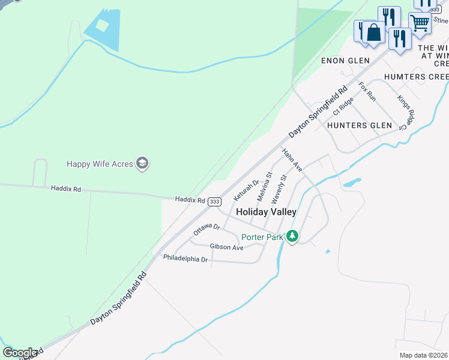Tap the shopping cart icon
point(420,23)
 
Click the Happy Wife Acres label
point(100,163)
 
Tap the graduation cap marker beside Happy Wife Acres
point(142,163)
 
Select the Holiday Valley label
point(266,212)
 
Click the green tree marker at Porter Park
point(292,236)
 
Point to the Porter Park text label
point(261,237)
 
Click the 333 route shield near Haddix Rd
point(214,202)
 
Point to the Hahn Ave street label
point(293,161)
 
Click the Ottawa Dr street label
point(207,229)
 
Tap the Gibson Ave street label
point(226,247)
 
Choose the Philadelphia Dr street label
point(185,259)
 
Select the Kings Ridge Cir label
point(406,111)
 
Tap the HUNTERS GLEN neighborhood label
point(360,125)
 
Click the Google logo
point(20,352)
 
